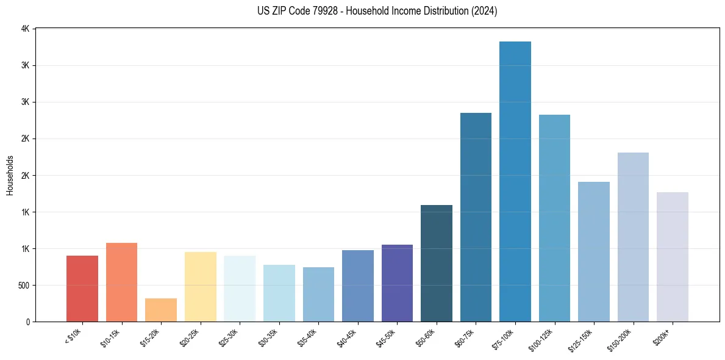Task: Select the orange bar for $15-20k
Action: coord(161,310)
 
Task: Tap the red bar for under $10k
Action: coord(82,289)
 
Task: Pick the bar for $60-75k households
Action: coord(476,217)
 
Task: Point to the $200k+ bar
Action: coord(673,257)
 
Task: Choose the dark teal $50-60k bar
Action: coord(437,263)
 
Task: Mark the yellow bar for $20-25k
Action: coord(201,287)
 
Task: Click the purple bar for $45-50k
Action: coord(397,283)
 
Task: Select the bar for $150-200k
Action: coord(633,237)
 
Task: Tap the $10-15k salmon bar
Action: coord(121,282)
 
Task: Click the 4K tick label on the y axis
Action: coord(25,29)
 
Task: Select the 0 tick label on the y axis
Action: coord(27,322)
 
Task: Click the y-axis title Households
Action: coord(10,175)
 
